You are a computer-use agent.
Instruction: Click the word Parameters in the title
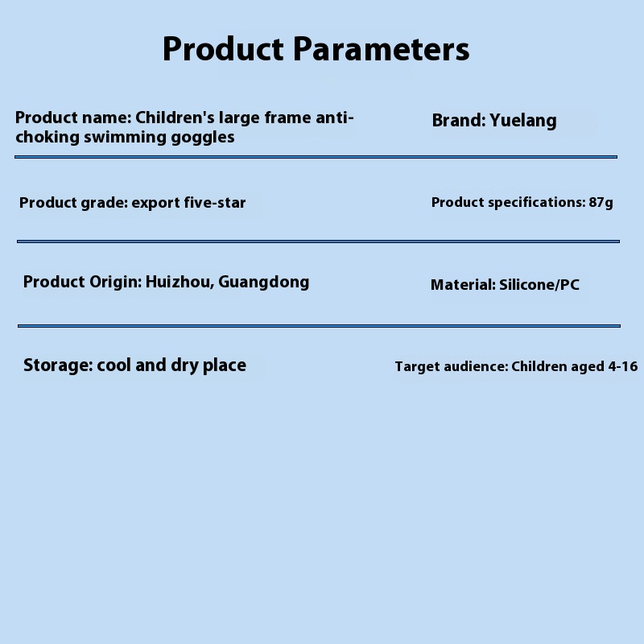[381, 49]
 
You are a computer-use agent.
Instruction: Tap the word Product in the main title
[223, 49]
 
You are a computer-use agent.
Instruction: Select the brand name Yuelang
[523, 121]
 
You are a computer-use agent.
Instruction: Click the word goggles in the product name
[203, 138]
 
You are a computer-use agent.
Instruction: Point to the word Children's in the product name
[175, 118]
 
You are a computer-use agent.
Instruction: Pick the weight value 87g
[601, 203]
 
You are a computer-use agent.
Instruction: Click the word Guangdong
[264, 283]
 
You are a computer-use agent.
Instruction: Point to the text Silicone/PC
[539, 285]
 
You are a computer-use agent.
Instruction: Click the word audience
[476, 366]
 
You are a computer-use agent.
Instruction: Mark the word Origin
[115, 283]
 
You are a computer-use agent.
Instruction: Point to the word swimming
[126, 138]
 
